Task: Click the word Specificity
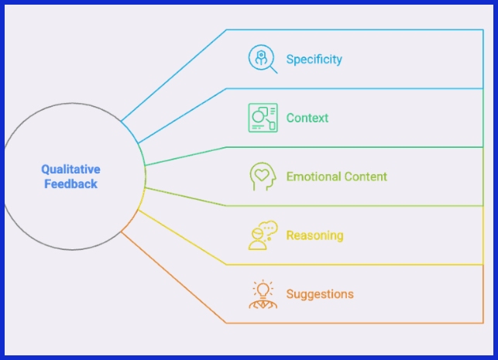[314, 59]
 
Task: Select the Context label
[307, 118]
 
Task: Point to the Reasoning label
[314, 235]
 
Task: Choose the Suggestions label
[319, 294]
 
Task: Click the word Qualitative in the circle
[70, 170]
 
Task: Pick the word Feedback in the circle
[70, 184]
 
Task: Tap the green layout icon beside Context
[263, 118]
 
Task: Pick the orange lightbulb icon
[263, 294]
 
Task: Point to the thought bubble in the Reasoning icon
[269, 228]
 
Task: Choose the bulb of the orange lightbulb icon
[263, 290]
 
